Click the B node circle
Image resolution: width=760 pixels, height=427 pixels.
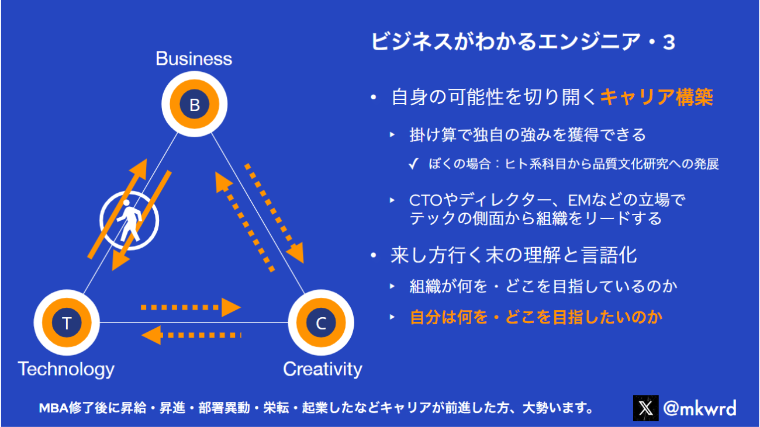click(194, 105)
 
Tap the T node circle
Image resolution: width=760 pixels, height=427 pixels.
click(67, 323)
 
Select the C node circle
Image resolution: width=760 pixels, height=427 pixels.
click(321, 323)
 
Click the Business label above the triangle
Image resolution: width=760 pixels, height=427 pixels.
click(194, 58)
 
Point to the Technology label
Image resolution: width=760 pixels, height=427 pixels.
click(66, 369)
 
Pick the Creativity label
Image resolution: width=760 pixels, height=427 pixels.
click(322, 369)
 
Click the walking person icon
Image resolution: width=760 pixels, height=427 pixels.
click(129, 220)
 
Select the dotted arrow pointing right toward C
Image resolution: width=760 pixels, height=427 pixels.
click(191, 307)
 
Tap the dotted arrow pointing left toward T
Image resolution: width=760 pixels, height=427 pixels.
click(191, 335)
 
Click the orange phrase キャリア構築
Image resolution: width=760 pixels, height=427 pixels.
click(657, 98)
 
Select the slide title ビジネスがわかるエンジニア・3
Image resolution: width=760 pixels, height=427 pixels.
click(523, 42)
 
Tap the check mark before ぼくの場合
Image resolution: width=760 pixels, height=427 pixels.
click(414, 165)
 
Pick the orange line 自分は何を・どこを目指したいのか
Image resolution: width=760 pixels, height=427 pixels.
click(536, 317)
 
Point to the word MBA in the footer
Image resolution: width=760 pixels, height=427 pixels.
click(54, 407)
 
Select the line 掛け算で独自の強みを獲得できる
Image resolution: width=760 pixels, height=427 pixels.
click(528, 135)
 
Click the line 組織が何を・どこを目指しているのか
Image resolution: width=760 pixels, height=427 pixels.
click(544, 286)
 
